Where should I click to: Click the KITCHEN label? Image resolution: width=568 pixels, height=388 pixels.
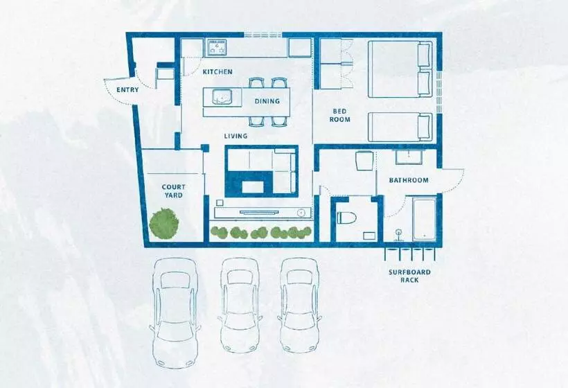[218, 72]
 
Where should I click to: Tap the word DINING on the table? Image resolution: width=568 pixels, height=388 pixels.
[267, 101]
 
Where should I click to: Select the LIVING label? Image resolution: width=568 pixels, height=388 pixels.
[236, 136]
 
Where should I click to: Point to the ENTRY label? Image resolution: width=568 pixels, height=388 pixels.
[127, 90]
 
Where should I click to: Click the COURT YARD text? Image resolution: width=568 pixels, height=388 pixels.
[173, 191]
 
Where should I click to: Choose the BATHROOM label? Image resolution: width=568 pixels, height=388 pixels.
[409, 180]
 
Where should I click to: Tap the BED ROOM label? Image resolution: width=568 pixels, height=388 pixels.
[340, 115]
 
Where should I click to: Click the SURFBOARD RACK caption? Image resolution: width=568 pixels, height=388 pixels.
[409, 276]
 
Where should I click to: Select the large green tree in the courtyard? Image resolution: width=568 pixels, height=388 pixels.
[164, 223]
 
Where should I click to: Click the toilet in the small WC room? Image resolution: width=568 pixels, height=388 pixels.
[346, 218]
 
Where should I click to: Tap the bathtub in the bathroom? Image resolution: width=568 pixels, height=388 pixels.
[424, 219]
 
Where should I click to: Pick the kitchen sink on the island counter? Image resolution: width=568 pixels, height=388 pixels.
[222, 97]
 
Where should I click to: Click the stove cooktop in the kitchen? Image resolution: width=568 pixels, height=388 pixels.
[216, 48]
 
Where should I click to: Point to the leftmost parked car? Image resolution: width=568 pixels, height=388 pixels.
[175, 312]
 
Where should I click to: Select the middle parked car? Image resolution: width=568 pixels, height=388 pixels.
[240, 305]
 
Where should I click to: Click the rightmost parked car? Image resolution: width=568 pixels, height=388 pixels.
[299, 305]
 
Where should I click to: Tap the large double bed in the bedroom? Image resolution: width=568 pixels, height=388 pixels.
[400, 69]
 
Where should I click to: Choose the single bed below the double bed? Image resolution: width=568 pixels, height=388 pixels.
[400, 127]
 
